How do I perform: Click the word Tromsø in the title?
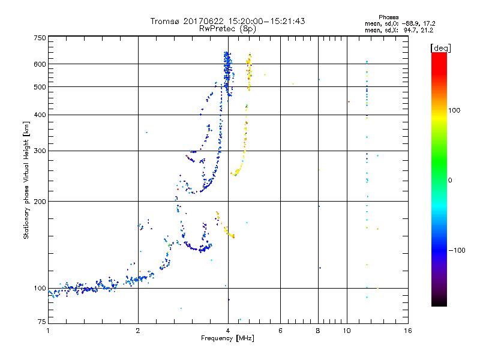[164, 21]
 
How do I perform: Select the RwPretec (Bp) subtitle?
[228, 28]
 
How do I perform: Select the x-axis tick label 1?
[48, 331]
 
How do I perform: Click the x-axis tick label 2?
[138, 331]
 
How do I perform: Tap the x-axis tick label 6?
[281, 331]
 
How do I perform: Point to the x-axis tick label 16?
[407, 331]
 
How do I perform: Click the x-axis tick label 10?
[347, 331]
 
